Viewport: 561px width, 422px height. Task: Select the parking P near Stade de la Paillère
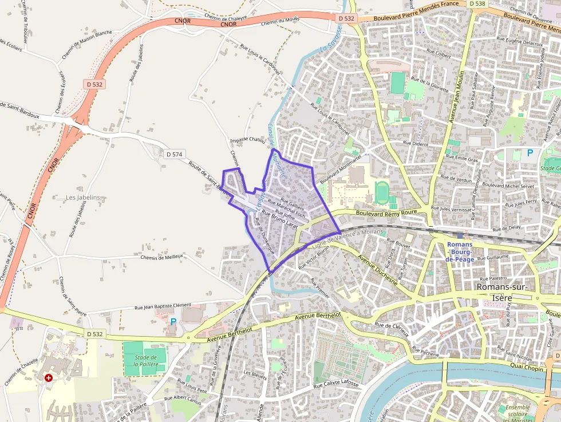tap(173, 322)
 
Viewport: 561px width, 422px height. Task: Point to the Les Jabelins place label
tap(83, 198)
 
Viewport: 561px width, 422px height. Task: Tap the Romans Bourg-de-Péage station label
tap(460, 251)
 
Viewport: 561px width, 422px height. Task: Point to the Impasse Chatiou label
tap(247, 140)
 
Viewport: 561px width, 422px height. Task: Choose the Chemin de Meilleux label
tap(161, 257)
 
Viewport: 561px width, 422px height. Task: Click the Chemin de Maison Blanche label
tap(86, 44)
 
